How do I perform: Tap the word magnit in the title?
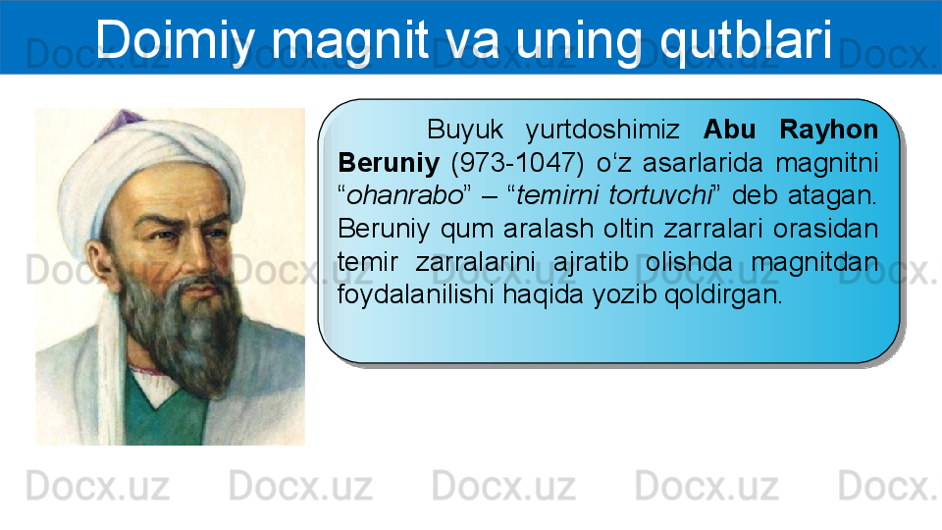(349, 42)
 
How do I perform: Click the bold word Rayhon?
(828, 130)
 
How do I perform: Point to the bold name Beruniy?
(389, 163)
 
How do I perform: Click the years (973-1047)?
(517, 163)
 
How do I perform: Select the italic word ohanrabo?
(405, 195)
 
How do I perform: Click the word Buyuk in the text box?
(465, 130)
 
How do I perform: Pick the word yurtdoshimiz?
(602, 130)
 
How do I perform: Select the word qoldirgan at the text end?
(723, 294)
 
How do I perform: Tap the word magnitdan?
(814, 262)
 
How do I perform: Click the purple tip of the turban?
(123, 120)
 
